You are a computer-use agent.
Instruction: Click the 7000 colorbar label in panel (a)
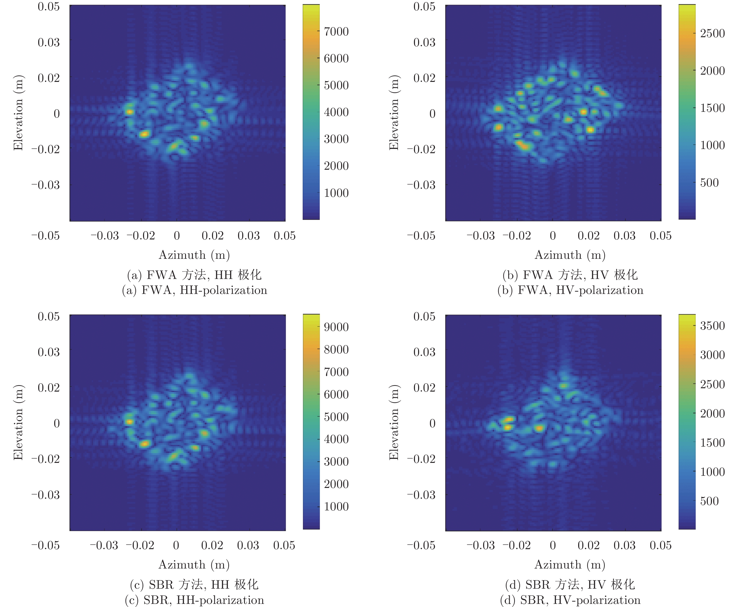[336, 32]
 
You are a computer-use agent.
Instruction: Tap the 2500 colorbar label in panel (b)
[712, 33]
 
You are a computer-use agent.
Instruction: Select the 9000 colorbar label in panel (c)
[336, 327]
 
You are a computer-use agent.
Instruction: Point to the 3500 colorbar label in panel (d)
[712, 325]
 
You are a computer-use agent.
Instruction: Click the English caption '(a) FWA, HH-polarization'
[194, 290]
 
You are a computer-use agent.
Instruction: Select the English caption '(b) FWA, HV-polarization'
[570, 290]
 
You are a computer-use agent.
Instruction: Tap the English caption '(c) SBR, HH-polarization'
[194, 600]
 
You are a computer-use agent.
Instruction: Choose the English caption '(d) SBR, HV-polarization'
[570, 600]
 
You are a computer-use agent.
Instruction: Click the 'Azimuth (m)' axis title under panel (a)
[194, 255]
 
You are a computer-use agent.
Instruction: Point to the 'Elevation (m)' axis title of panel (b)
[394, 113]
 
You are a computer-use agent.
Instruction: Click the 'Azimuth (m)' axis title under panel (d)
[570, 565]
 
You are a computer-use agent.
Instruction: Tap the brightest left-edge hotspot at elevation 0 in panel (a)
[129, 112]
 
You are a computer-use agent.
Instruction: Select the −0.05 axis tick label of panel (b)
[421, 235]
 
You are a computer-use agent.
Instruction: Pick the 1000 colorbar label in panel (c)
[336, 506]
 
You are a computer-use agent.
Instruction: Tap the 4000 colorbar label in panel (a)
[336, 112]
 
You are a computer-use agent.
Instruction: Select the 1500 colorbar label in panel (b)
[712, 108]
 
